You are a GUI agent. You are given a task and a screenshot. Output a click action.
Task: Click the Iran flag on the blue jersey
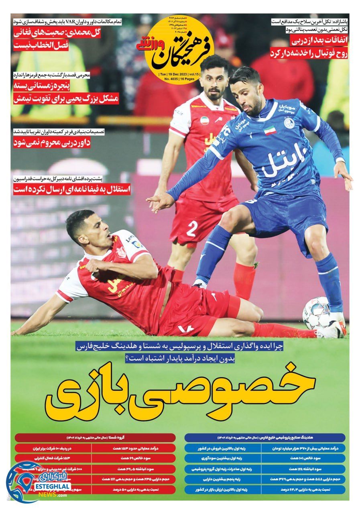point(269,130)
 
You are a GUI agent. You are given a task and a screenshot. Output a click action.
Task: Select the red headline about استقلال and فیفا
point(72,190)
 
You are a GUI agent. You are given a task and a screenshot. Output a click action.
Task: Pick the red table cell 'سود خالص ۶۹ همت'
point(133,458)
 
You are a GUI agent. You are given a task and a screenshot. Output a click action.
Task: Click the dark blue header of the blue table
point(265,437)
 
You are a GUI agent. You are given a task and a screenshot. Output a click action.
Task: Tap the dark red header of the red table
point(95,437)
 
